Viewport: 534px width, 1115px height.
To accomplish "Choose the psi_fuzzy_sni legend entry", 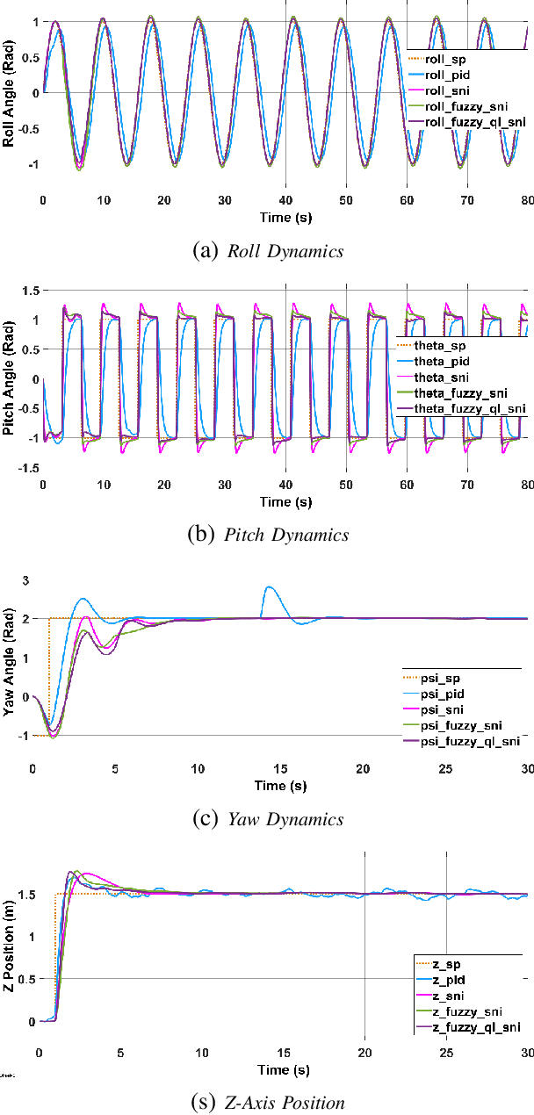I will pyautogui.click(x=461, y=725).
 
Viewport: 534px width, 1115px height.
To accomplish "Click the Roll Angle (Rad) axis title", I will pyautogui.click(x=9, y=93).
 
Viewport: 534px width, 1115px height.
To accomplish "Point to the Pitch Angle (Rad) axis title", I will pyautogui.click(x=9, y=378).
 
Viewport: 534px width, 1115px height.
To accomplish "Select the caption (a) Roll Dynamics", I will pyautogui.click(x=266, y=251).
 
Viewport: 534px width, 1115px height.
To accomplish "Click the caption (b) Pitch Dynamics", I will pyautogui.click(x=267, y=535).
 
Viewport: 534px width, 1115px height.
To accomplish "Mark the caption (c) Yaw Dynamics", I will pyautogui.click(x=267, y=819).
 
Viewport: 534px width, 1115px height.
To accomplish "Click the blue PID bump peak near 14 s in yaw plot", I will pyautogui.click(x=269, y=587).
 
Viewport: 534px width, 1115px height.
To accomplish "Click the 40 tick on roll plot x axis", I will pyautogui.click(x=285, y=200).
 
